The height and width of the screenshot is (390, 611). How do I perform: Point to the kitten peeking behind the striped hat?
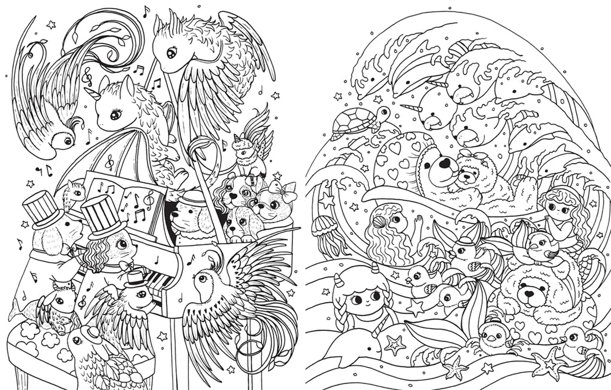(76, 192)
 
